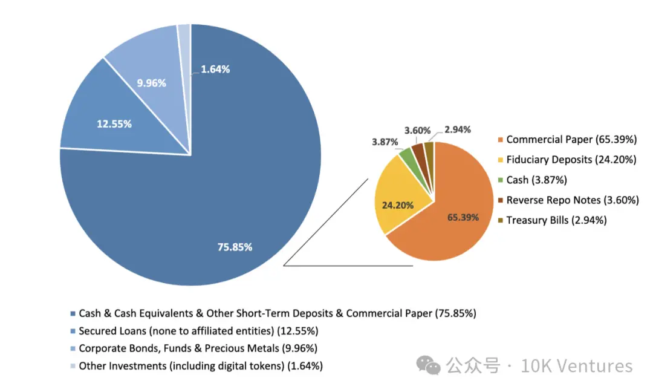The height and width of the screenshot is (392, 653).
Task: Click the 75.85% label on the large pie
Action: [x=235, y=247]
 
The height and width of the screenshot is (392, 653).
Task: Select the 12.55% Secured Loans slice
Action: [x=114, y=123]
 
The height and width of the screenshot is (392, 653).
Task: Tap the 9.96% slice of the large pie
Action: [x=151, y=83]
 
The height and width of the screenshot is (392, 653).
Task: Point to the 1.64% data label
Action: [x=215, y=69]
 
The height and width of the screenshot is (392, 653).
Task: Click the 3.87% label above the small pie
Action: [x=385, y=142]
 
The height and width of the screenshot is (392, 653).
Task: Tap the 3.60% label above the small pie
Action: [x=418, y=130]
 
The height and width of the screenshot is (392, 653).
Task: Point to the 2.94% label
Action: [x=457, y=129]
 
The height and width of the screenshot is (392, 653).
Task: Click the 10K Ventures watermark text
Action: [x=576, y=366]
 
